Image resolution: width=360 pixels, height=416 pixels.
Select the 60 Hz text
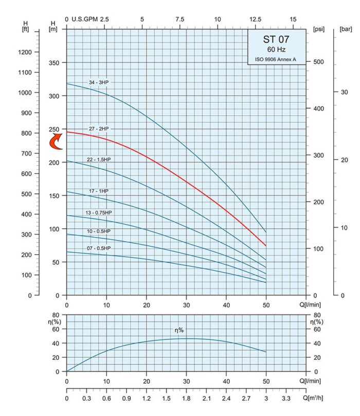click(x=275, y=50)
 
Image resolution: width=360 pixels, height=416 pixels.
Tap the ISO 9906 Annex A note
click(x=275, y=60)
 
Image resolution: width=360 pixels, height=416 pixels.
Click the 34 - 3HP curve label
click(x=99, y=82)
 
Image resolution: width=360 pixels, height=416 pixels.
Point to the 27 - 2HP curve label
click(x=99, y=128)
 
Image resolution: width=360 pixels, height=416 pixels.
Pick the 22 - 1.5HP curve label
click(x=99, y=159)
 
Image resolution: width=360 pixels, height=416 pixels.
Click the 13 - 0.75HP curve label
click(x=100, y=213)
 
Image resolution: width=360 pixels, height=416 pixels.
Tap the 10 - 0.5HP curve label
click(x=99, y=231)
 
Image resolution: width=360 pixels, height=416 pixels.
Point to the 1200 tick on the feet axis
click(x=26, y=52)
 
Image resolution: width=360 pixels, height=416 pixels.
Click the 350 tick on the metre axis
click(x=53, y=63)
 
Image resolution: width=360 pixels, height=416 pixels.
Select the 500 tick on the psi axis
click(x=319, y=62)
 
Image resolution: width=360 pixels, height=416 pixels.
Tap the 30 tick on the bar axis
click(x=345, y=92)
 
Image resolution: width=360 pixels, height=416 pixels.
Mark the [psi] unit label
click(x=318, y=30)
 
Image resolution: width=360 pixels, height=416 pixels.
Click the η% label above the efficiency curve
click(x=178, y=330)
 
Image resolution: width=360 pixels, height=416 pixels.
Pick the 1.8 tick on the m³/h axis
click(x=186, y=398)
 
